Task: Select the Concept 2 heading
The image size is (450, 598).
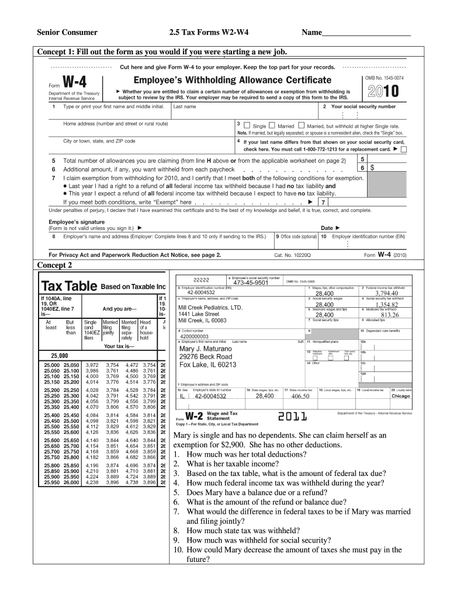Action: (x=55, y=265)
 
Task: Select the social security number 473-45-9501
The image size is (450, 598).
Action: (x=250, y=283)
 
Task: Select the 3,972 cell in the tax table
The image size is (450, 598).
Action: (x=92, y=365)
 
